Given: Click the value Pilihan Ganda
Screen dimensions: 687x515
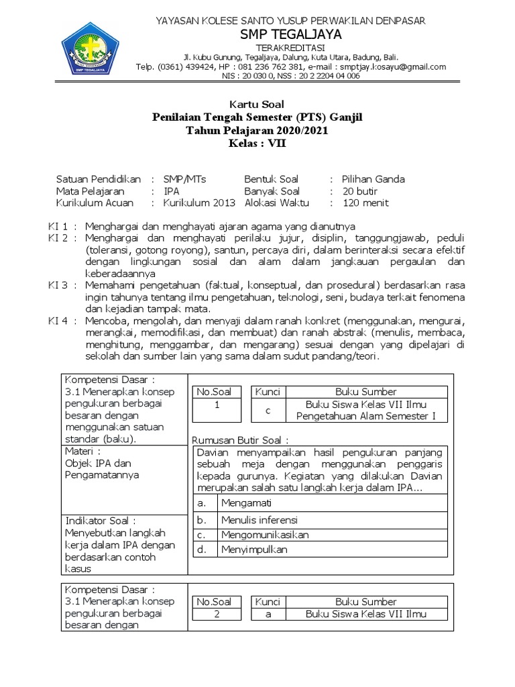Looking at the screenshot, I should [x=374, y=179].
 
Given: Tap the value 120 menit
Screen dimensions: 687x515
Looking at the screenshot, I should [x=365, y=203].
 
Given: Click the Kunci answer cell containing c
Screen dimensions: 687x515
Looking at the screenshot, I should [x=267, y=410].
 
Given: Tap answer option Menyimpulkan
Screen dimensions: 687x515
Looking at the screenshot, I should [x=254, y=549].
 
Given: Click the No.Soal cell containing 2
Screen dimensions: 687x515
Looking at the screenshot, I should [x=217, y=614].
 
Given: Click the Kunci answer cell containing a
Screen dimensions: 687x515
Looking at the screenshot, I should [x=267, y=614].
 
